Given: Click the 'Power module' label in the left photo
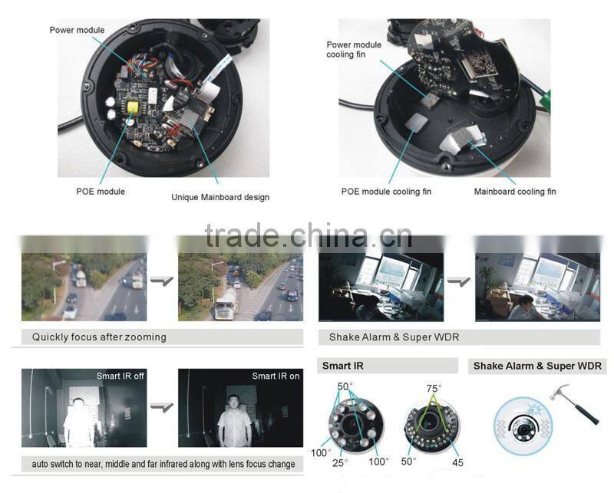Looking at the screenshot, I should tap(77, 30).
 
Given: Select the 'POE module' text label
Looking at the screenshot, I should tap(100, 191).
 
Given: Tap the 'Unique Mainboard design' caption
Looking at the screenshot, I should tap(220, 197).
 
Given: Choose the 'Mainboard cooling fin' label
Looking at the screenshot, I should tap(514, 191).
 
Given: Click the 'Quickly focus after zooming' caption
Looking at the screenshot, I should tap(99, 337).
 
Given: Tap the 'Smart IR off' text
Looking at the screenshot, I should tap(120, 376).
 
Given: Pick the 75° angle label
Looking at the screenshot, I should tap(434, 388).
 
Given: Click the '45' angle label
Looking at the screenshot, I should tap(457, 462).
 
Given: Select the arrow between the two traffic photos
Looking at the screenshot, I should tap(162, 282).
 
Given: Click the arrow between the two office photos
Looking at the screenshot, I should tap(459, 282).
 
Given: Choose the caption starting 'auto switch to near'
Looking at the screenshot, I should tap(163, 464).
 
